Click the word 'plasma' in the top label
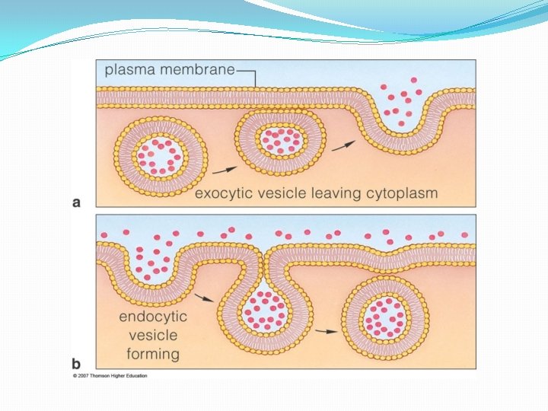(129, 70)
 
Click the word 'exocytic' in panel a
(224, 193)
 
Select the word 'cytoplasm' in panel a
(401, 193)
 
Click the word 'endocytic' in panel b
(153, 317)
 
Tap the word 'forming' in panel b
(153, 354)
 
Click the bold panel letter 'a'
(77, 202)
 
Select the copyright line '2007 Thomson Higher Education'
(110, 376)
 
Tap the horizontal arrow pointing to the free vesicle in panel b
(327, 331)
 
